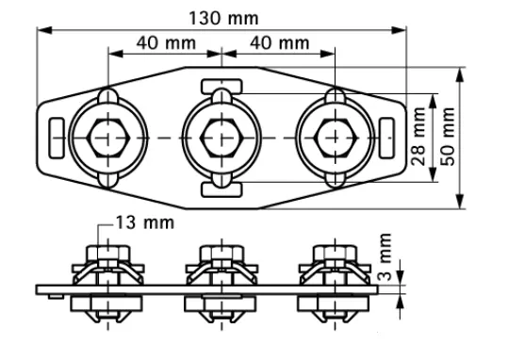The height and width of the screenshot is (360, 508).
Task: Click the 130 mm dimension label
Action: coord(224,18)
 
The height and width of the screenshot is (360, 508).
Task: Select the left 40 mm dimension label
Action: coord(166,42)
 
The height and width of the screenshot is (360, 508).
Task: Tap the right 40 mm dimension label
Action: coord(280,42)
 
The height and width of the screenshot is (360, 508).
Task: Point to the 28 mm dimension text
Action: coord(418,137)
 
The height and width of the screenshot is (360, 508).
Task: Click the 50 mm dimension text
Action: coord(448,137)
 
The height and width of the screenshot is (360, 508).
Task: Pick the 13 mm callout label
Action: coord(145,222)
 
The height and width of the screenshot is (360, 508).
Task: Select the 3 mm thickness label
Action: coord(385,256)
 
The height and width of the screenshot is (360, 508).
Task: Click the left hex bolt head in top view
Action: coord(108,138)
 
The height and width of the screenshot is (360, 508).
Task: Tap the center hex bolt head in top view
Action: coord(221,138)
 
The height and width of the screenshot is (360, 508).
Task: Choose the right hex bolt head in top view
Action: coord(336,138)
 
